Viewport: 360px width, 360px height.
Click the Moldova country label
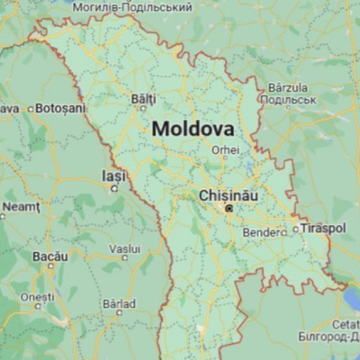[x=193, y=130]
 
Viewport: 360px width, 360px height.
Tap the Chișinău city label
[x=228, y=195]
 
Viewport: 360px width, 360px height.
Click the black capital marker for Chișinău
[x=228, y=208]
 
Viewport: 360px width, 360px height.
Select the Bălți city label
[x=143, y=98]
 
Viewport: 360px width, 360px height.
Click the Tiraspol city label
[x=323, y=228]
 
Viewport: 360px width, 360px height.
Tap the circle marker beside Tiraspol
[x=295, y=230]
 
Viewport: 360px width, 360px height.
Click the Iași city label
[x=114, y=176]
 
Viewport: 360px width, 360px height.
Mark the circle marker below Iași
[x=114, y=189]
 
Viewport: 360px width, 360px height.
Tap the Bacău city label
[x=50, y=256]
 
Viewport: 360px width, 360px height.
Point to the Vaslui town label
[x=124, y=248]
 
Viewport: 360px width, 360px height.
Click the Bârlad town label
[x=119, y=303]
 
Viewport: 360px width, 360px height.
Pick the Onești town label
[x=37, y=297]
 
